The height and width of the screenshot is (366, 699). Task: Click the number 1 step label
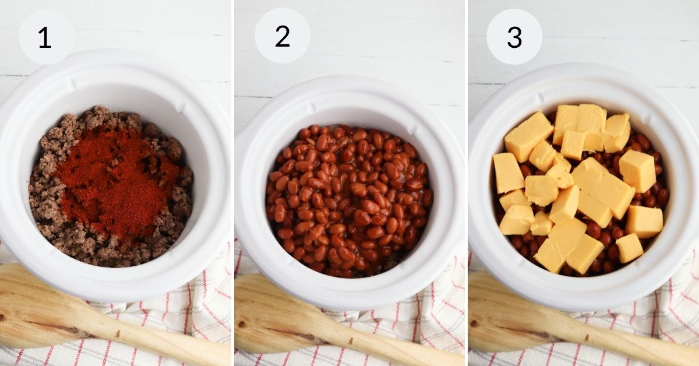coord(46,37)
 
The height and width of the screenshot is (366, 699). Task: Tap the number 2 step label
coord(282,36)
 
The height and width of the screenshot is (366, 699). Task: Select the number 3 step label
coord(514,37)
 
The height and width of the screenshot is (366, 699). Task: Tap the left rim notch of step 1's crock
coord(70,84)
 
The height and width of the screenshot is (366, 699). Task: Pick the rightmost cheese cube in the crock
coord(644,221)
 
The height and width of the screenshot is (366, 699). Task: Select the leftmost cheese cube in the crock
coord(508,173)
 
